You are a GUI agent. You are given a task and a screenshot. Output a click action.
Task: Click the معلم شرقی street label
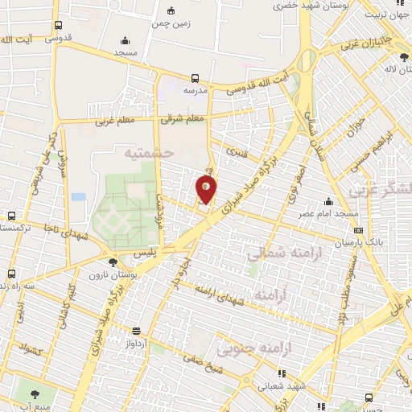point(183,118)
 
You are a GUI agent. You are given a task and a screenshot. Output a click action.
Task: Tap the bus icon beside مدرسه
point(196,79)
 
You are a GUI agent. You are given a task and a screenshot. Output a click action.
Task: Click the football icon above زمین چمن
point(171,10)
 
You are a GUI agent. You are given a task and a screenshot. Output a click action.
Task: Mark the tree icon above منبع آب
point(35,395)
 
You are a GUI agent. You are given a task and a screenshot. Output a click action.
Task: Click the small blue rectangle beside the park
point(78,196)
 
